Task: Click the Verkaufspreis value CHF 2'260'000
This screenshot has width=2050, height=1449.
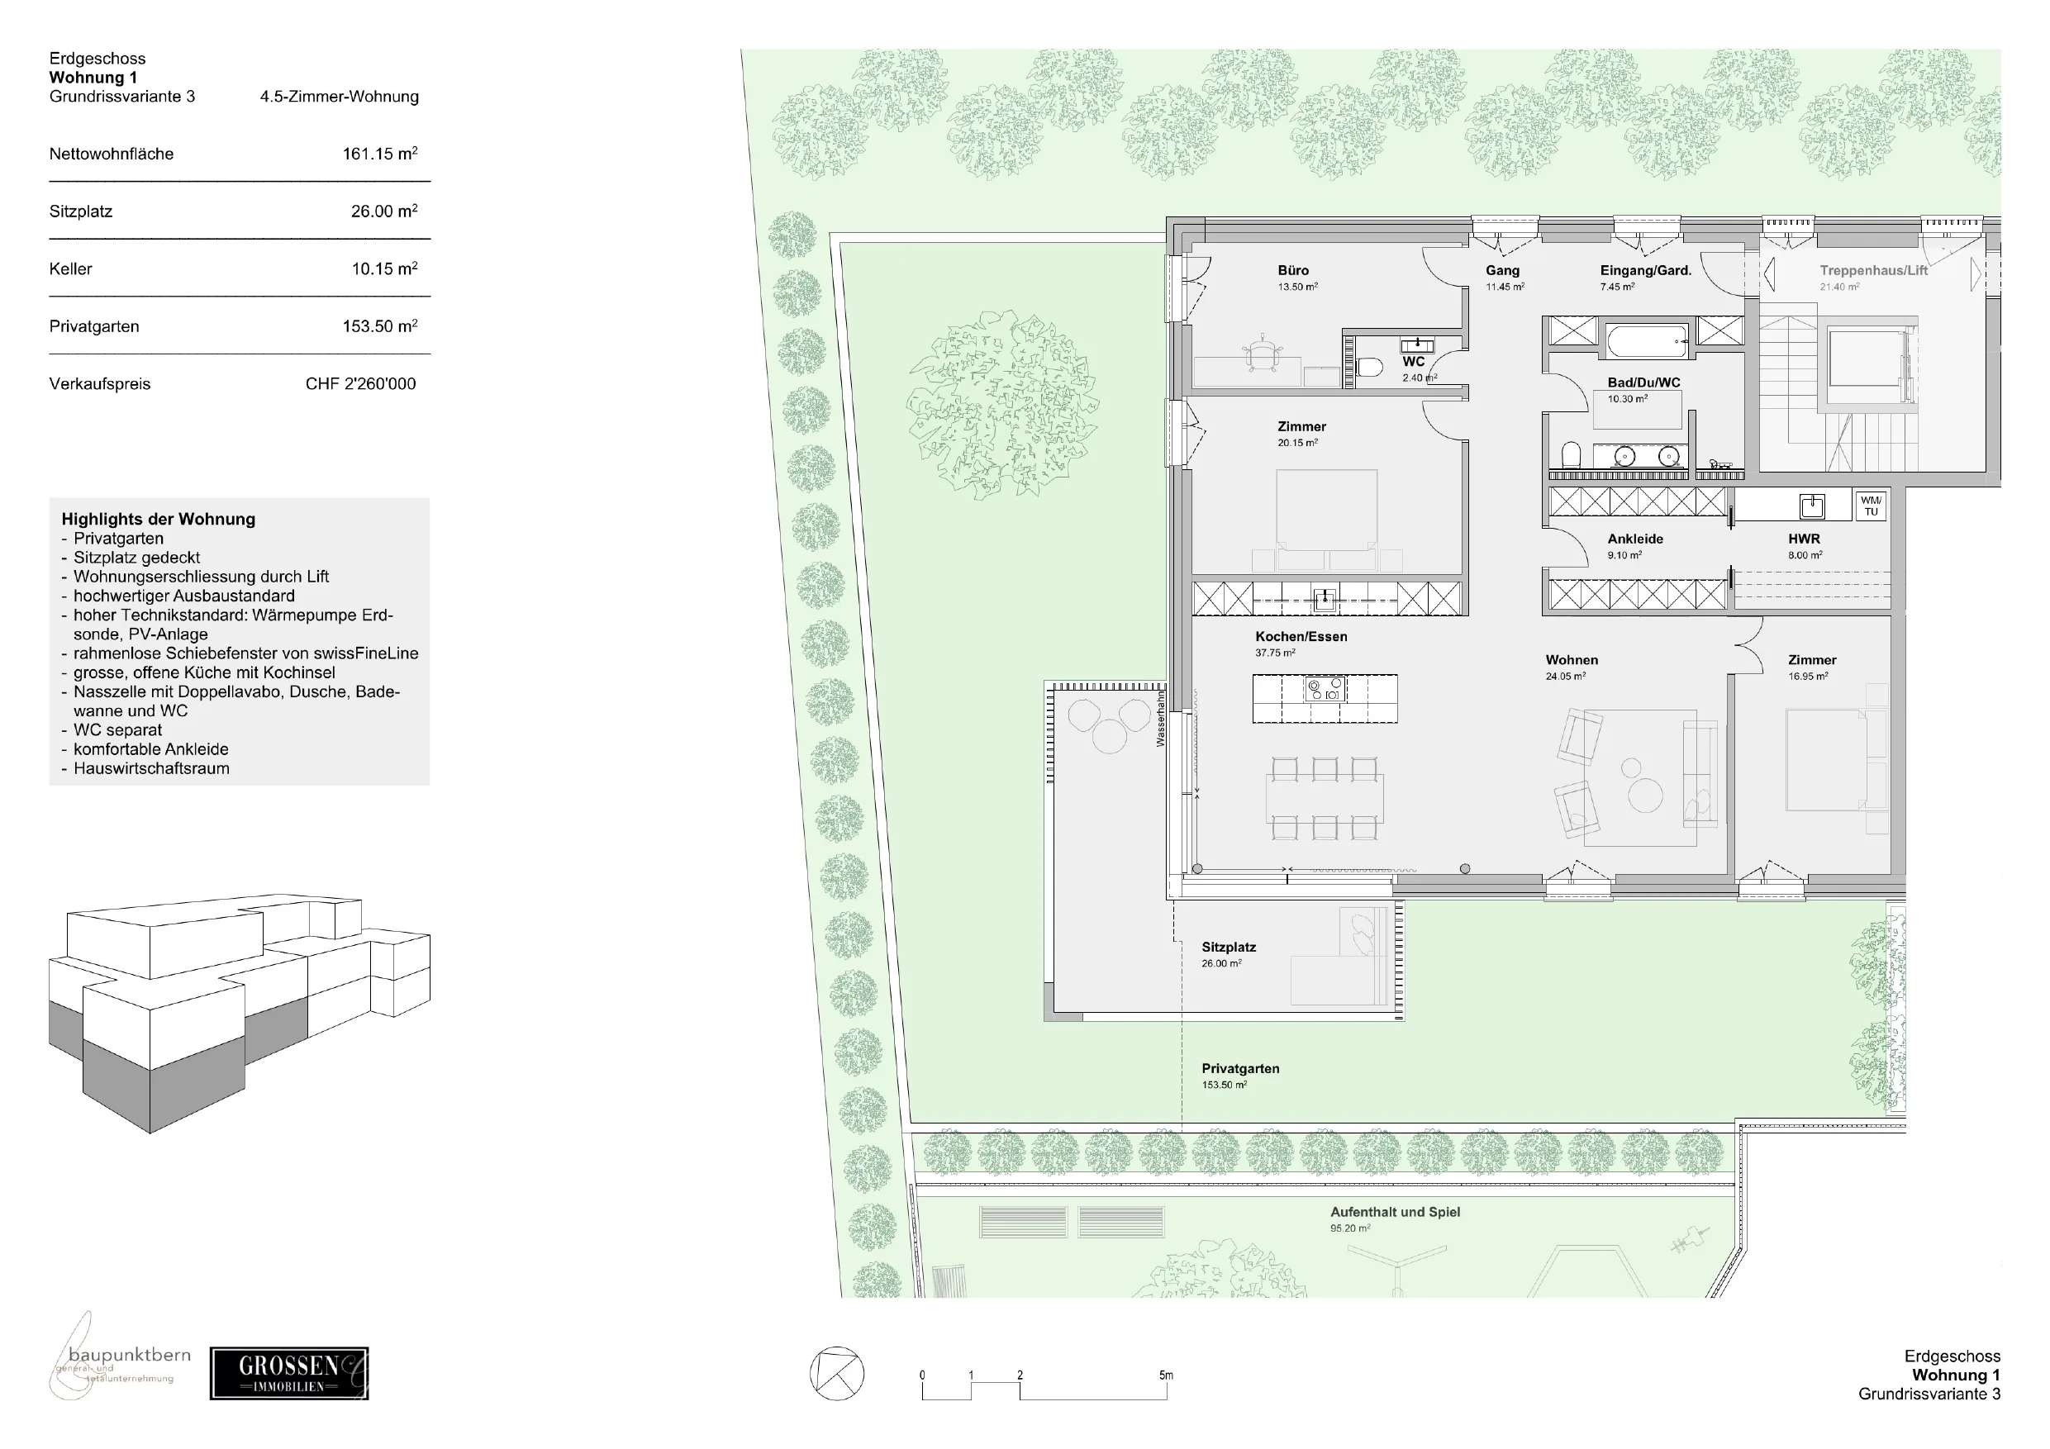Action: pos(361,384)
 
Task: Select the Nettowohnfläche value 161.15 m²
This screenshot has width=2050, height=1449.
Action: pos(380,154)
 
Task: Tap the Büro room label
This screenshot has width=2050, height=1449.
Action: pos(1293,270)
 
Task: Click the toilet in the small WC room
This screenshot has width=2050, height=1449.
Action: pos(1370,367)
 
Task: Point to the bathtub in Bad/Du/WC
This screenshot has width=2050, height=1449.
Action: pos(1647,341)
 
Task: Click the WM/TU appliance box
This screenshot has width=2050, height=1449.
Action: pos(1872,506)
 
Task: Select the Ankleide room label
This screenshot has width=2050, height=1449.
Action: pos(1636,539)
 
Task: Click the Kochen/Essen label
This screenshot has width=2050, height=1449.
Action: pos(1301,637)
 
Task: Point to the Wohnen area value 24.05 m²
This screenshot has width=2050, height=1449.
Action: pos(1566,677)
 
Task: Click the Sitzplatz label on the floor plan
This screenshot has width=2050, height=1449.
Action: pos(1229,948)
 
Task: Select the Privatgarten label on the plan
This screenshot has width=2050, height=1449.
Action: pos(1240,1069)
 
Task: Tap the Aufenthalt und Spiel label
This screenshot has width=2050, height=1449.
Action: pos(1396,1213)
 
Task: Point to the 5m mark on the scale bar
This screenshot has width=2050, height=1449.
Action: pos(1166,1375)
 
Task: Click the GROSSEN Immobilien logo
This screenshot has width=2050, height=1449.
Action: pos(289,1373)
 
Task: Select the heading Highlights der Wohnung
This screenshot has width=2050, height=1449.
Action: pos(158,520)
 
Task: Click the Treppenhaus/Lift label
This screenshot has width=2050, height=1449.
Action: pos(1874,270)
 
